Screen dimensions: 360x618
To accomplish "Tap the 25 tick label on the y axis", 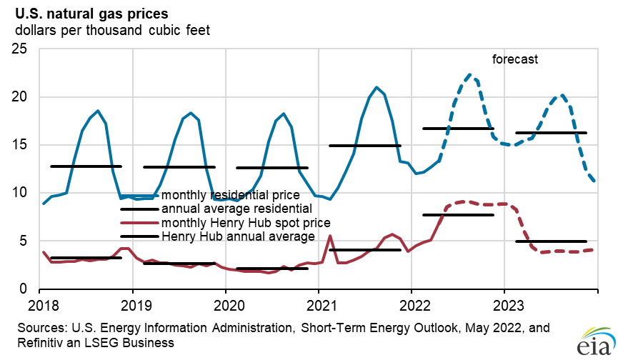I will [x=18, y=49].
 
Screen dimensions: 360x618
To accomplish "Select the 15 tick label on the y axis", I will [x=18, y=145].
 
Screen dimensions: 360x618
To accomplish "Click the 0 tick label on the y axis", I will [x=23, y=289].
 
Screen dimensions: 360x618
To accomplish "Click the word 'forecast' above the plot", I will [x=514, y=59].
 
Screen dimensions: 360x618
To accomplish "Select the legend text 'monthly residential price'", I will [x=229, y=195].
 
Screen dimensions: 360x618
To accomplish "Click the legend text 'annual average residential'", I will [x=236, y=209].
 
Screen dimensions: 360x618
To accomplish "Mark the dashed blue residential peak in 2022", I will [x=469, y=74].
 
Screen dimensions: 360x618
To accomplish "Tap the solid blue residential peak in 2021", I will [x=376, y=88].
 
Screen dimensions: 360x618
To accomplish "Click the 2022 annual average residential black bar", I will [x=458, y=129].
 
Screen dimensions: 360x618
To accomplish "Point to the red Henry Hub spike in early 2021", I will [x=329, y=236].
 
